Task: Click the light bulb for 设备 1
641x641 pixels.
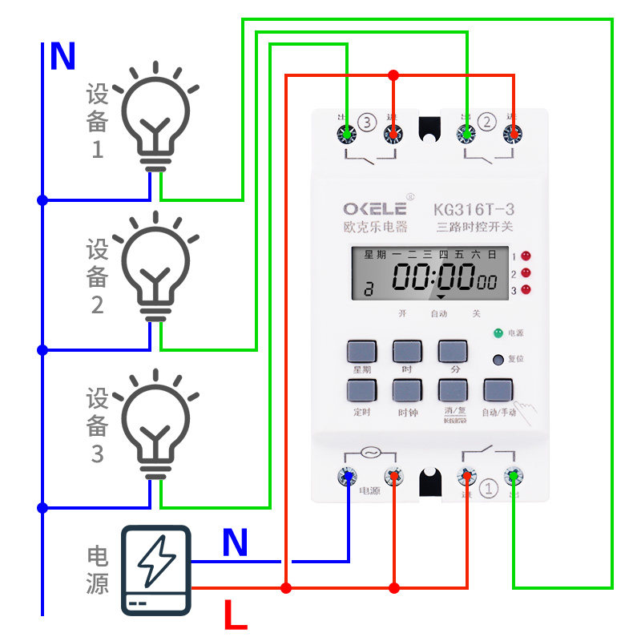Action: coord(156,116)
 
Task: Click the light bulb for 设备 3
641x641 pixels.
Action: coord(156,425)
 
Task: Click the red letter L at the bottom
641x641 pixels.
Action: coord(235,616)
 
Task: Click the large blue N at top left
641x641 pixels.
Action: coord(62,58)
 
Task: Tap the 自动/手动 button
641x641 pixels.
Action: coord(498,391)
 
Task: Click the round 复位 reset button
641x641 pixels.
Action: coord(498,360)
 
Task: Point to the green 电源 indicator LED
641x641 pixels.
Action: coord(498,332)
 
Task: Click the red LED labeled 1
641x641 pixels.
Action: coord(526,256)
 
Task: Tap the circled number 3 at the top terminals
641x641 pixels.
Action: coord(367,123)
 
